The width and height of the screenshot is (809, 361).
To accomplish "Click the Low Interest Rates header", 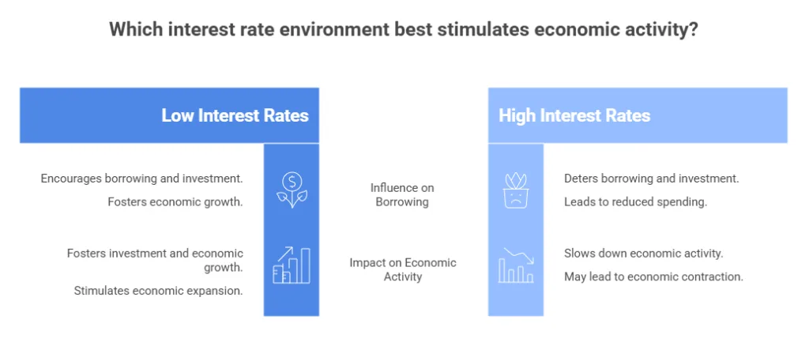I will (235, 115).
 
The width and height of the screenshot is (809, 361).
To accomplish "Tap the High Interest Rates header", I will (574, 115).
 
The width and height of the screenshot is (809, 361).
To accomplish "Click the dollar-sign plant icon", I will (291, 190).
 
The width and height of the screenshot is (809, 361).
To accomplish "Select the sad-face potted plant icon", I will (515, 190).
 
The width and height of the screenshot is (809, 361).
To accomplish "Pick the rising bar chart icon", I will (291, 265).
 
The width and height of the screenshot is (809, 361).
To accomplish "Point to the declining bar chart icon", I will (515, 265).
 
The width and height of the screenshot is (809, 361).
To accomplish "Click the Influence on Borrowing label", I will (402, 194).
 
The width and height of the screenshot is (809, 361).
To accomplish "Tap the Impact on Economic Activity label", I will (402, 269).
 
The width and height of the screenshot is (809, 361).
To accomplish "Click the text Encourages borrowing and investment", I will (142, 179).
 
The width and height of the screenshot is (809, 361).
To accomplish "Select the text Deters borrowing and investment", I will (651, 179).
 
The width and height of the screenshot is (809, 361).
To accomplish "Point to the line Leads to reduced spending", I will (634, 202).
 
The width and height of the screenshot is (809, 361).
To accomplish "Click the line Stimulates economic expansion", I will (158, 290).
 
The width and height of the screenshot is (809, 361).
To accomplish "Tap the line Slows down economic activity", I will (643, 254).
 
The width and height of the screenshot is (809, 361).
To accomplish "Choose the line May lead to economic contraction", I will (653, 276).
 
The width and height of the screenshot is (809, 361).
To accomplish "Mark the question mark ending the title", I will (693, 30).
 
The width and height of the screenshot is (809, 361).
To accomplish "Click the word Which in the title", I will (131, 30).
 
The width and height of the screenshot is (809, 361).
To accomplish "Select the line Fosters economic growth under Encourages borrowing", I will (175, 202).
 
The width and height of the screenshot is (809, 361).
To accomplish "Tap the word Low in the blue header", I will (178, 115).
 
